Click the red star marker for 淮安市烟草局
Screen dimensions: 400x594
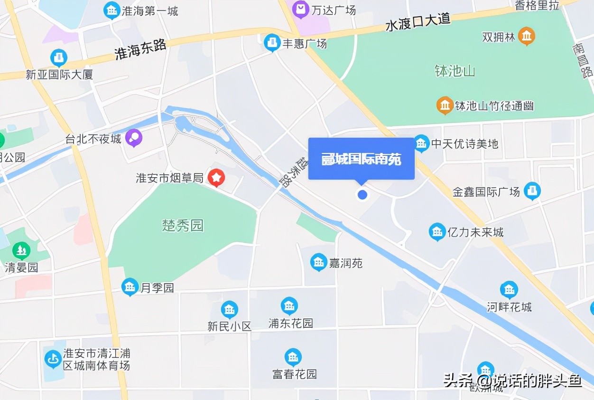coord(217,178)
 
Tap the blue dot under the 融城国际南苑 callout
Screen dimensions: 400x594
coord(362,194)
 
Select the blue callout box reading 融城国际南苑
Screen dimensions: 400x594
coord(362,159)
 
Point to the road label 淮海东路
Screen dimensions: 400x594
coord(140,49)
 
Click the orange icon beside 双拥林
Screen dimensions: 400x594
coord(527,36)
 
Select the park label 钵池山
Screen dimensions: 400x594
coord(455,71)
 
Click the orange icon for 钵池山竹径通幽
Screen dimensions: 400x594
coord(445,105)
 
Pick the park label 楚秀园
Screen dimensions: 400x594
coord(183,225)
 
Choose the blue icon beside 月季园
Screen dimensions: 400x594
coord(130,287)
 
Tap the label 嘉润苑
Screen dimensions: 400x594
coord(346,263)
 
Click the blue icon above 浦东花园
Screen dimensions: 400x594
coord(289,306)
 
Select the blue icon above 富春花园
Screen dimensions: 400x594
coord(293,357)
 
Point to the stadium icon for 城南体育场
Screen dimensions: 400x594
coord(53,359)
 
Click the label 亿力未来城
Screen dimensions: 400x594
coord(475,232)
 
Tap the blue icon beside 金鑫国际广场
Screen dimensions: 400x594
coord(532,191)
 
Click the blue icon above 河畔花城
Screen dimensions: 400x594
coord(509,289)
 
